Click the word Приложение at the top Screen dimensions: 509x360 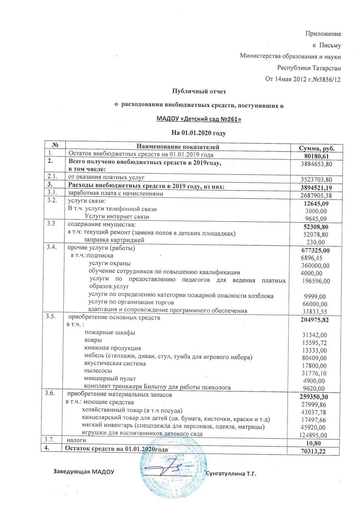tap(324, 33)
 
